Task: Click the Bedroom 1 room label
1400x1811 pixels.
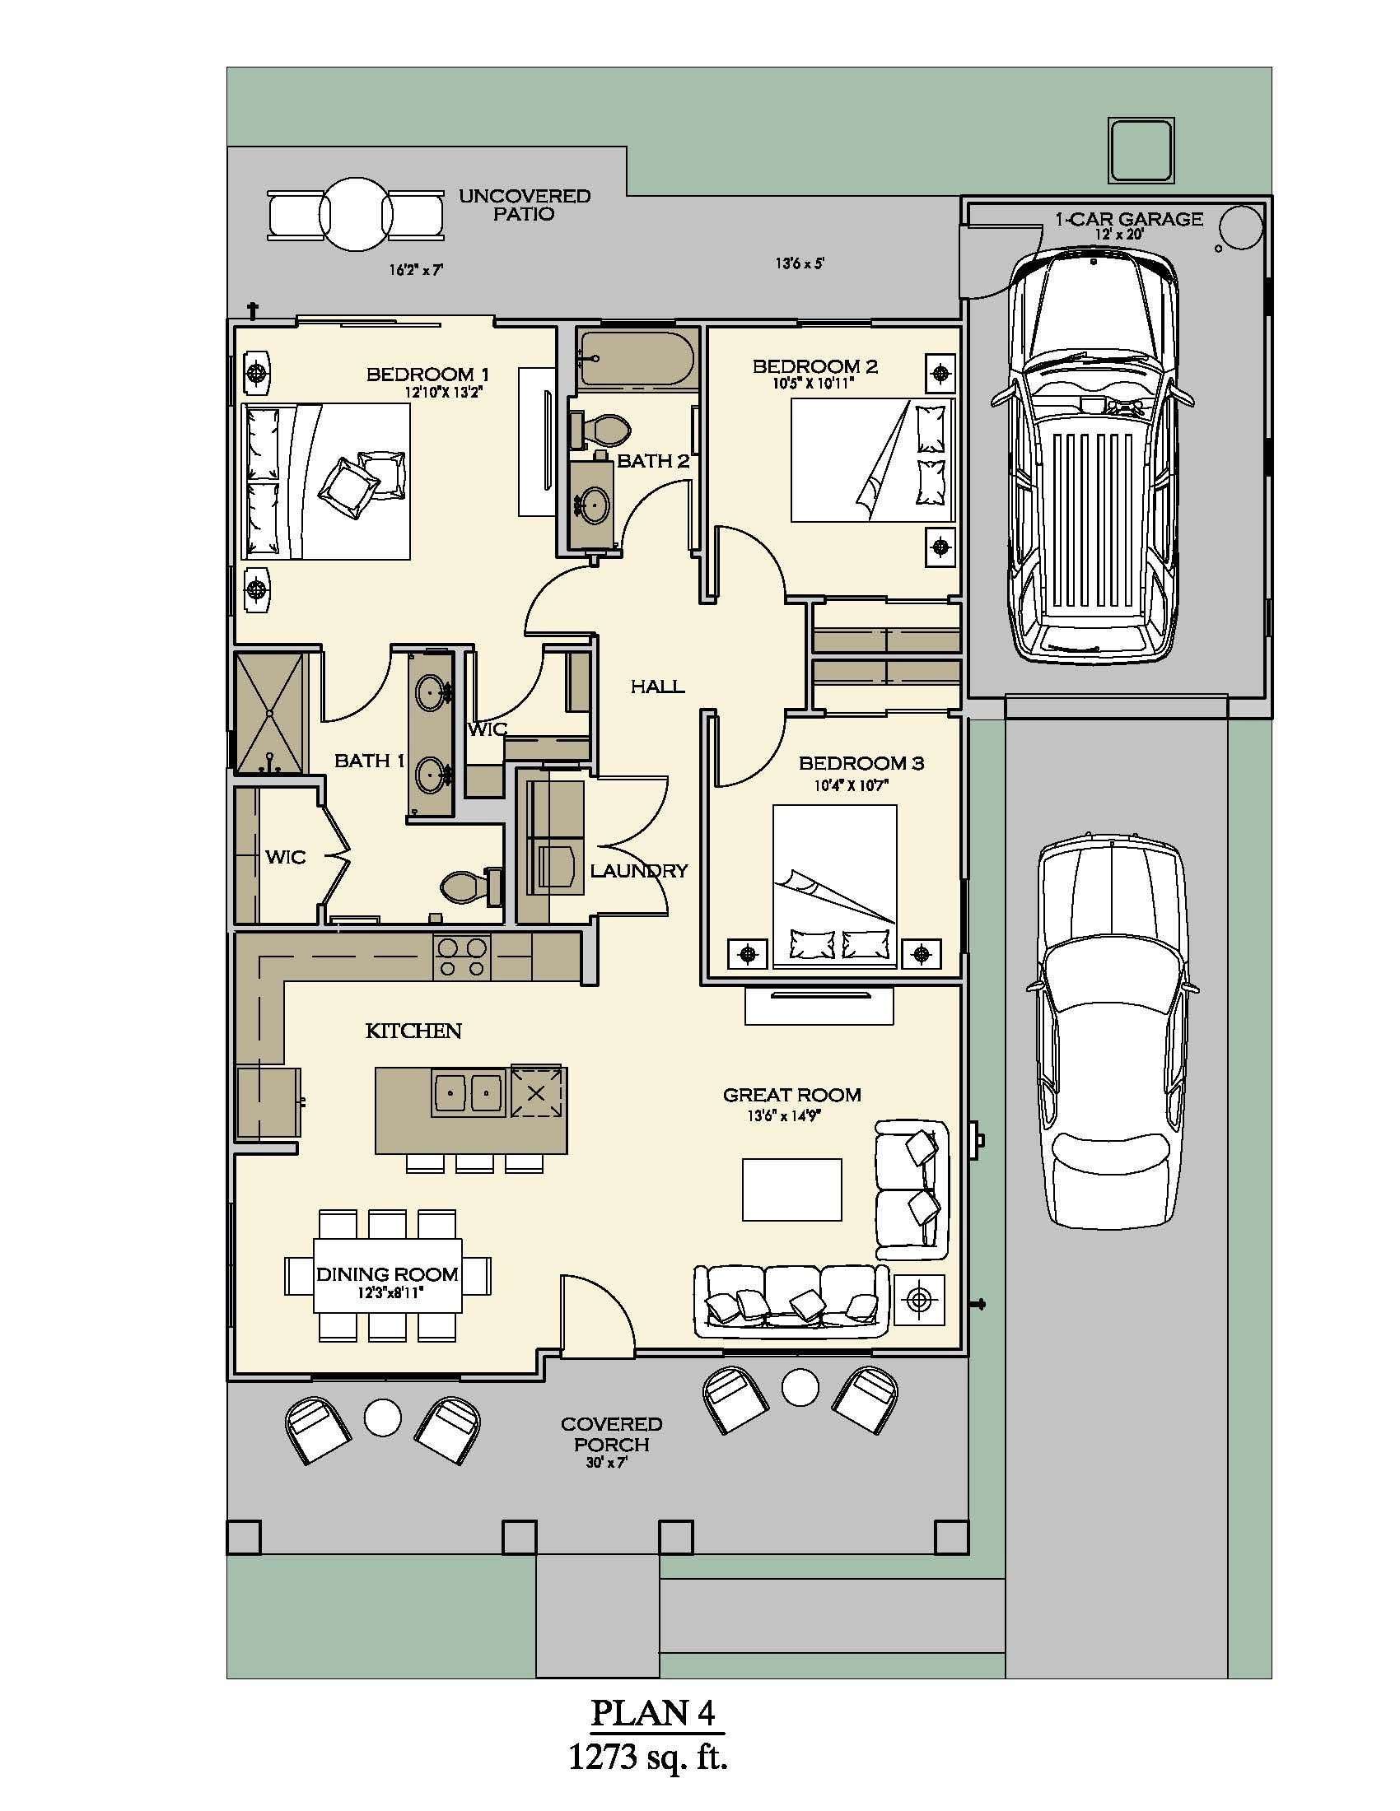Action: click(x=428, y=375)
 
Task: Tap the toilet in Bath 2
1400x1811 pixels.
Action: click(x=600, y=430)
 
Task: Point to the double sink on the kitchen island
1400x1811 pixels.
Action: click(x=468, y=1094)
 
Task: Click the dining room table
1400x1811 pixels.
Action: click(x=387, y=1275)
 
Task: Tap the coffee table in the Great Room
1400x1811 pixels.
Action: click(x=792, y=1190)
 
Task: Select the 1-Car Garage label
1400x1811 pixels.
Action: click(x=1129, y=219)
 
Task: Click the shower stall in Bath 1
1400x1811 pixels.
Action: click(x=271, y=713)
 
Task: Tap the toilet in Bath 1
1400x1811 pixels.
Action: click(x=471, y=887)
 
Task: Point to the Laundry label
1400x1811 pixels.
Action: click(x=638, y=871)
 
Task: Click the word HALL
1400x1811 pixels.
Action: click(x=657, y=686)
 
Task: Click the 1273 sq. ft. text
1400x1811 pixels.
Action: click(x=648, y=1757)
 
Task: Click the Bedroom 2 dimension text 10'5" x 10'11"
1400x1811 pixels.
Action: click(x=813, y=383)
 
